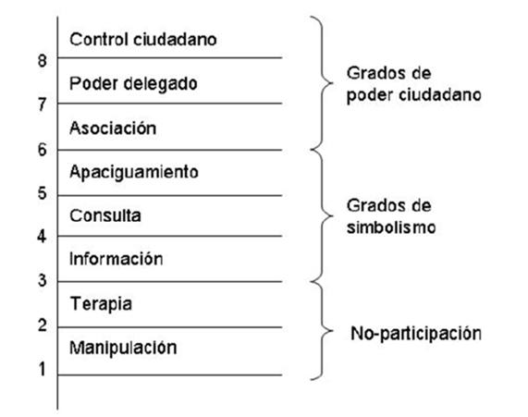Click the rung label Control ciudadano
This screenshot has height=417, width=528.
(x=143, y=40)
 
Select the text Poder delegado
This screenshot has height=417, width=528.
(x=133, y=84)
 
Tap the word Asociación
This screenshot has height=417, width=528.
(x=113, y=128)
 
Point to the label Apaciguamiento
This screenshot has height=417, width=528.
(x=134, y=173)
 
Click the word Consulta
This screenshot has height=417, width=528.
(x=105, y=215)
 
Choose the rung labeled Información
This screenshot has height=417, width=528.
(x=116, y=259)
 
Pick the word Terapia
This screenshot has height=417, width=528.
(x=101, y=304)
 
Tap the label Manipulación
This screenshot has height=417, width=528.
(x=123, y=348)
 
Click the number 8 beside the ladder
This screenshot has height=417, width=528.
(x=43, y=61)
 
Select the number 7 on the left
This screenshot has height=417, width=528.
(x=43, y=104)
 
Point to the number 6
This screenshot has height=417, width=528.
(x=43, y=150)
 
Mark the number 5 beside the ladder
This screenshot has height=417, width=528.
(x=43, y=193)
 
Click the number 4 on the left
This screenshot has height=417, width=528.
(x=42, y=237)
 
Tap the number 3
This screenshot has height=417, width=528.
(x=43, y=280)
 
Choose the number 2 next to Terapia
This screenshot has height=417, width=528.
(x=43, y=325)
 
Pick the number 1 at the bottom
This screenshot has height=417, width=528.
(x=43, y=369)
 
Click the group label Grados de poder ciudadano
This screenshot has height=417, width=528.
(x=414, y=84)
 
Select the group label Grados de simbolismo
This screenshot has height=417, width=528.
(x=391, y=216)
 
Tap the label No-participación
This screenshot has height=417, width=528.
(x=416, y=334)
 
